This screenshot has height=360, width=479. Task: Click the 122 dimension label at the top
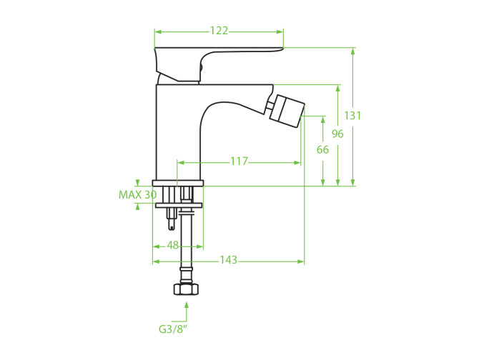[219, 31]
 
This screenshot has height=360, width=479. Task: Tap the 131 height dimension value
[352, 116]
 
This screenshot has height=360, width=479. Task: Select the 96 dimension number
[337, 134]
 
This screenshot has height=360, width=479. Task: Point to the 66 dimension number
[322, 149]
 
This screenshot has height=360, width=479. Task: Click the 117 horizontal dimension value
[239, 161]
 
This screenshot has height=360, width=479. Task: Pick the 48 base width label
[172, 245]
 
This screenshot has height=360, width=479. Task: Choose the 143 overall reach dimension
[229, 260]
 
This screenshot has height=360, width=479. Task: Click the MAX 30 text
[137, 195]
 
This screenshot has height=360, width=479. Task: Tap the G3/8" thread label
[172, 329]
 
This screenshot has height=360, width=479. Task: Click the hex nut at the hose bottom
[186, 289]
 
